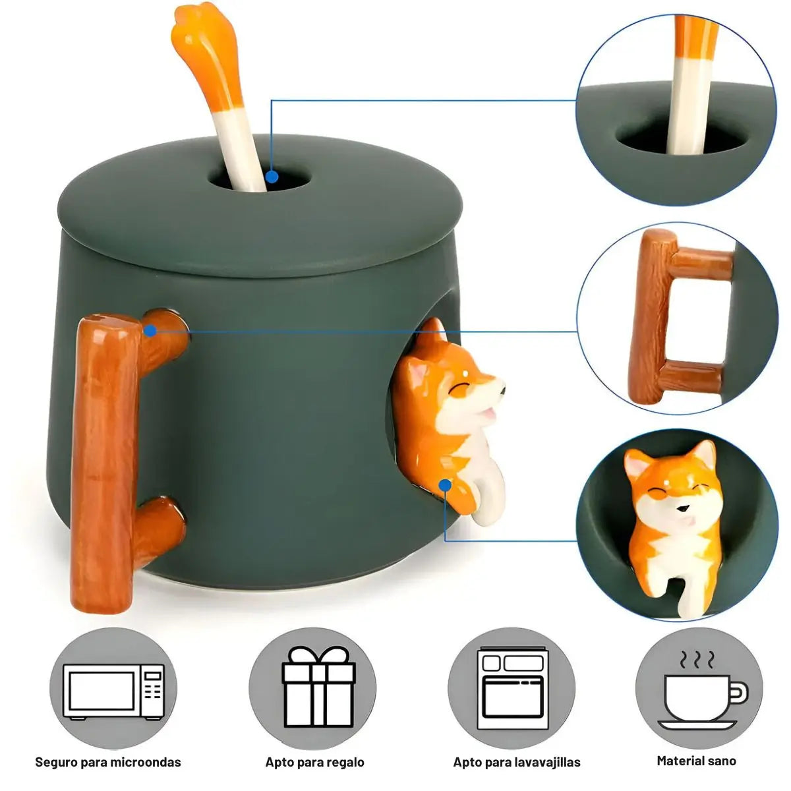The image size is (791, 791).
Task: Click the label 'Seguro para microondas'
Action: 108,762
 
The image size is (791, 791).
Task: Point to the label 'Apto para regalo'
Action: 315,762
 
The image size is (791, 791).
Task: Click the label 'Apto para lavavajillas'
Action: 517,762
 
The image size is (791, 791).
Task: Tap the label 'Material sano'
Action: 696,761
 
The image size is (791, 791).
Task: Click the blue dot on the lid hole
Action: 272,177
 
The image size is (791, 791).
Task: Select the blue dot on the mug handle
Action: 151,330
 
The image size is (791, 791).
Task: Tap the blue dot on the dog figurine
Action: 444,485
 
